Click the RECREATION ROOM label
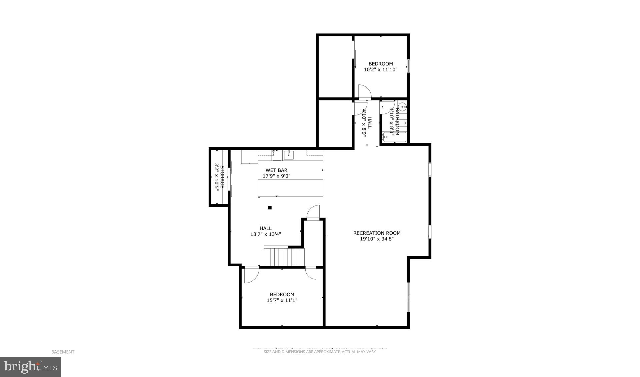(377, 233)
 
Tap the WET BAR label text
(276, 170)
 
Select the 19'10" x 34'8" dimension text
(377, 239)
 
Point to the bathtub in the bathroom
(394, 137)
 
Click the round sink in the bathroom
(403, 107)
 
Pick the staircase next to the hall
(285, 256)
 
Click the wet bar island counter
(290, 188)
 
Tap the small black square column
(270, 208)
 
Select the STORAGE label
(222, 177)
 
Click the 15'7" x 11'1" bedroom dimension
(282, 300)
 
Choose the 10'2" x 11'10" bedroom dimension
(380, 70)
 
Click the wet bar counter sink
(288, 155)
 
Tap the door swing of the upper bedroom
(364, 91)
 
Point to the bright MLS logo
(30, 367)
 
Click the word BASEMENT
(63, 352)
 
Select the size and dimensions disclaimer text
(320, 352)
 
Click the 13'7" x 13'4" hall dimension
(266, 234)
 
